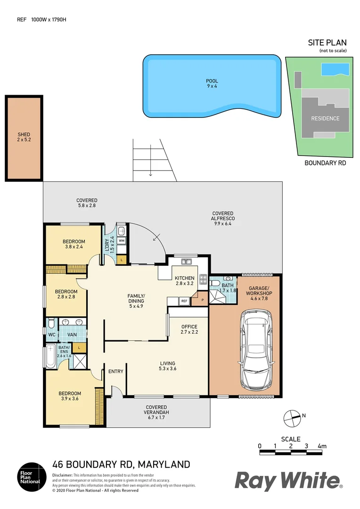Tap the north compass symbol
[x=292, y=417]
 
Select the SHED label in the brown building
[x=24, y=137]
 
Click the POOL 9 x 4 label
[x=212, y=84]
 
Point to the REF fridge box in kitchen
[x=184, y=301]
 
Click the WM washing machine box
[x=121, y=241]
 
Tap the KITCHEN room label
[x=184, y=281]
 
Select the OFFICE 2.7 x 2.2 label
[x=189, y=329]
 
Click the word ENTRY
[x=116, y=371]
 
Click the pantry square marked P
[x=202, y=300]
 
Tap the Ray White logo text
[x=288, y=481]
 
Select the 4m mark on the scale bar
[x=322, y=446]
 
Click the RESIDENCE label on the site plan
[x=325, y=118]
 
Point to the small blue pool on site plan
[x=335, y=70]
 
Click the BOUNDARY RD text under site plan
[x=325, y=163]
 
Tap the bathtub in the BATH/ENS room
[x=49, y=357]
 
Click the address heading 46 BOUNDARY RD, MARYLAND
[x=121, y=464]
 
